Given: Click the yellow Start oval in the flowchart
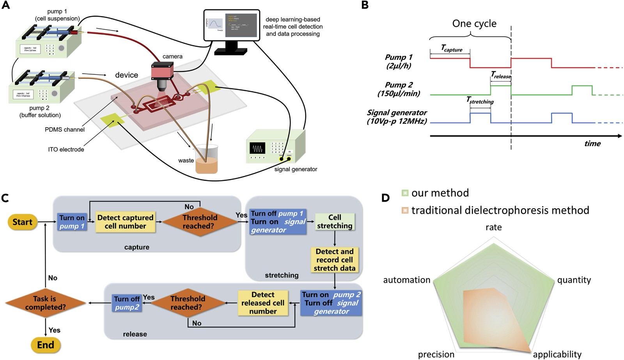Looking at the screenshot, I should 22,222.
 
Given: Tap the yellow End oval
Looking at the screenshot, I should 46,345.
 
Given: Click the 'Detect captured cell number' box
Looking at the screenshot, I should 125,222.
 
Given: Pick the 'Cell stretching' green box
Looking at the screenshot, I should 335,222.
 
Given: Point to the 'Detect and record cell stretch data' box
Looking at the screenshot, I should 335,260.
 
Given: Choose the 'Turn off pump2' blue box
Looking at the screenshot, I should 127,303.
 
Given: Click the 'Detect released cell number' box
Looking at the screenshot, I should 263,303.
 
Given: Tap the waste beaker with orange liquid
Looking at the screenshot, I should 206,160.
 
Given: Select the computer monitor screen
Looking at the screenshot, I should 232,25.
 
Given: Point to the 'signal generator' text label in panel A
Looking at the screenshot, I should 296,169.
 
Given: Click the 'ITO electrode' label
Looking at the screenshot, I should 66,149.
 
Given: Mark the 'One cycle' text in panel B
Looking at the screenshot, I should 474,24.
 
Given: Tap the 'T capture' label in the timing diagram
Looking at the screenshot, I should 452,48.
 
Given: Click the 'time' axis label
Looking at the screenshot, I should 592,144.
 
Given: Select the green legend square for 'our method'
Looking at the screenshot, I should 405,193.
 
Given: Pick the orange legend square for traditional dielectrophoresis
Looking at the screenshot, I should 405,210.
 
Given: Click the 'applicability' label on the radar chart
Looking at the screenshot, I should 557,354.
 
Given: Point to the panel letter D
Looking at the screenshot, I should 385,198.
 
